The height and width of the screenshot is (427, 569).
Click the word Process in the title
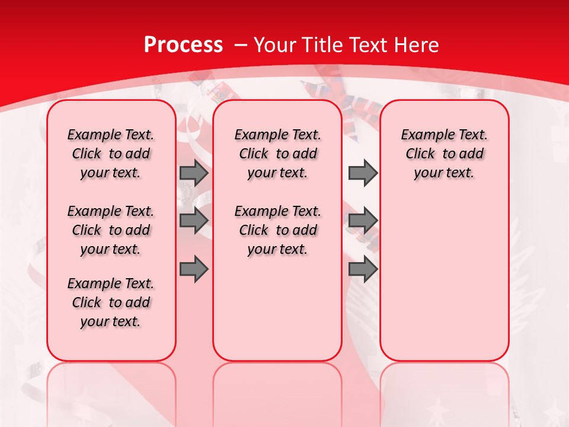pos(183,45)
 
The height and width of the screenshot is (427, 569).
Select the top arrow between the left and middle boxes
pos(193,173)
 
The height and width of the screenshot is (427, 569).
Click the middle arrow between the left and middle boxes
pos(193,220)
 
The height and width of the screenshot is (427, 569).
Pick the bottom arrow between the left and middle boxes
pos(193,269)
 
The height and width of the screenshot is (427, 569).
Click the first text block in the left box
pos(111,154)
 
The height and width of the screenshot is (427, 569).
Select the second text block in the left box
pos(111,230)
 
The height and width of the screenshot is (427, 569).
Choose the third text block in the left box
pos(111,302)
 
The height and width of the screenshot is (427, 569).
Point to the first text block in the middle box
pos(277,154)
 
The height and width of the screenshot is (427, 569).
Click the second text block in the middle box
pos(277,230)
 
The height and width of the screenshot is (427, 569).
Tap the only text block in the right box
pos(445,154)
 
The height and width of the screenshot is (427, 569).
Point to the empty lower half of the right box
pos(445,285)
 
